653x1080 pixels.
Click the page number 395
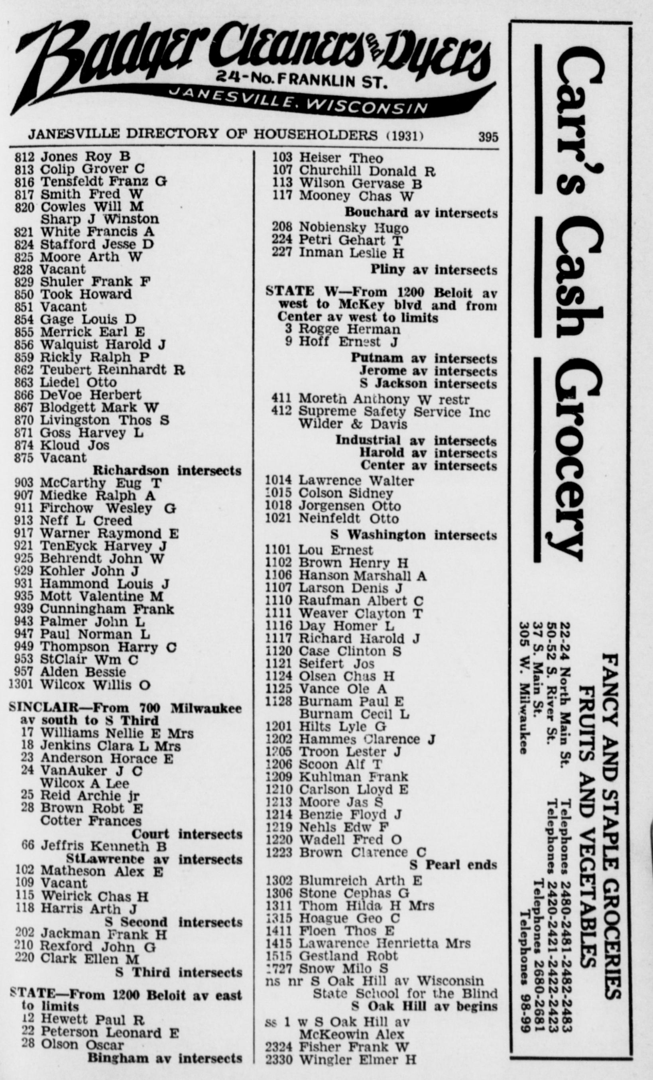pos(488,137)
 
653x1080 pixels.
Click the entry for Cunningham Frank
pos(106,609)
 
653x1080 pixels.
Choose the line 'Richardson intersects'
pos(167,471)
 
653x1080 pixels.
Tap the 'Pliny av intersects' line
pos(433,270)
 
